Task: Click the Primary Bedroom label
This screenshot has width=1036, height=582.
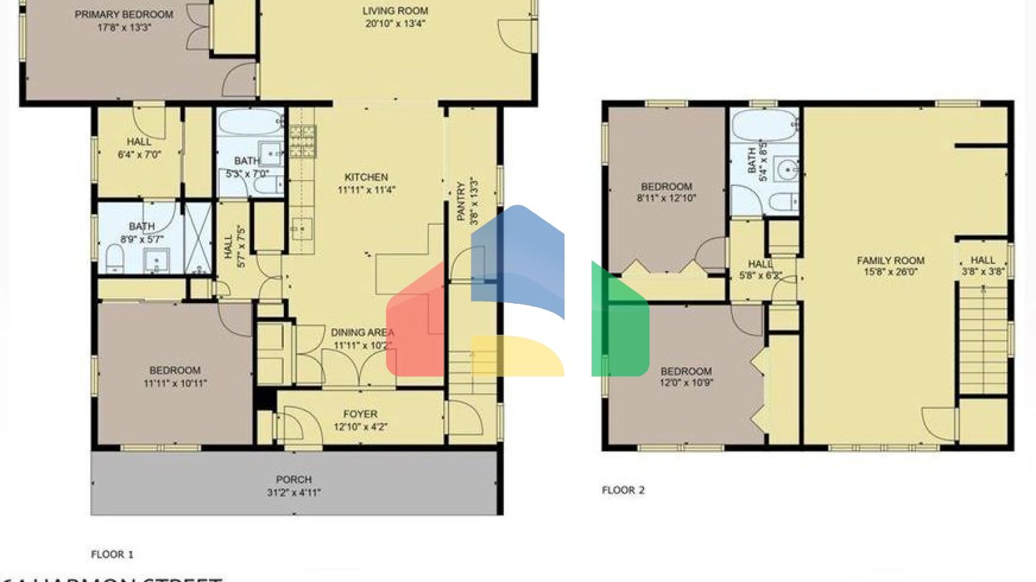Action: tap(123, 14)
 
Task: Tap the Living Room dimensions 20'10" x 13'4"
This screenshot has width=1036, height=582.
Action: tap(395, 24)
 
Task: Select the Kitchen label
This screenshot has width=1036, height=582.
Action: tap(366, 177)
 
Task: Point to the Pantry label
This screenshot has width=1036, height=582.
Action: tap(461, 201)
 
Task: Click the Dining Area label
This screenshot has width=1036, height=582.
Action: tap(362, 332)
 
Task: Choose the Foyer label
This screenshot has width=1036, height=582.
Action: tap(360, 414)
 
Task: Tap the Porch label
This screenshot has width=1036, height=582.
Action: tap(293, 480)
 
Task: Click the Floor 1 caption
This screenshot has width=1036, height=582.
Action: tap(112, 554)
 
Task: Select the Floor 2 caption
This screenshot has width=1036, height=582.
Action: tap(623, 490)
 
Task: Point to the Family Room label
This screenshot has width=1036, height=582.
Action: tap(890, 260)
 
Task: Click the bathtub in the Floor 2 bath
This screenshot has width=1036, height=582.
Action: tap(764, 125)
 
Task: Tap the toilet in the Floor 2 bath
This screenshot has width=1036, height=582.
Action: tap(782, 201)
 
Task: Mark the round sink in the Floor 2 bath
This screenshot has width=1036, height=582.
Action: tap(786, 170)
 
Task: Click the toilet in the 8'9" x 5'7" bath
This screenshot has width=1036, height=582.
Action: tap(115, 259)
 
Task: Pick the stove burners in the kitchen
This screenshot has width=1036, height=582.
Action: tap(302, 141)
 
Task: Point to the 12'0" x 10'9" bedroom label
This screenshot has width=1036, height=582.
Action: tap(686, 371)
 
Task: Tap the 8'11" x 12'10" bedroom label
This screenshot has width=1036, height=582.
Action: tap(666, 187)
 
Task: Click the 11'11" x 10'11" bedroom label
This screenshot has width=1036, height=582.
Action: tap(175, 370)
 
